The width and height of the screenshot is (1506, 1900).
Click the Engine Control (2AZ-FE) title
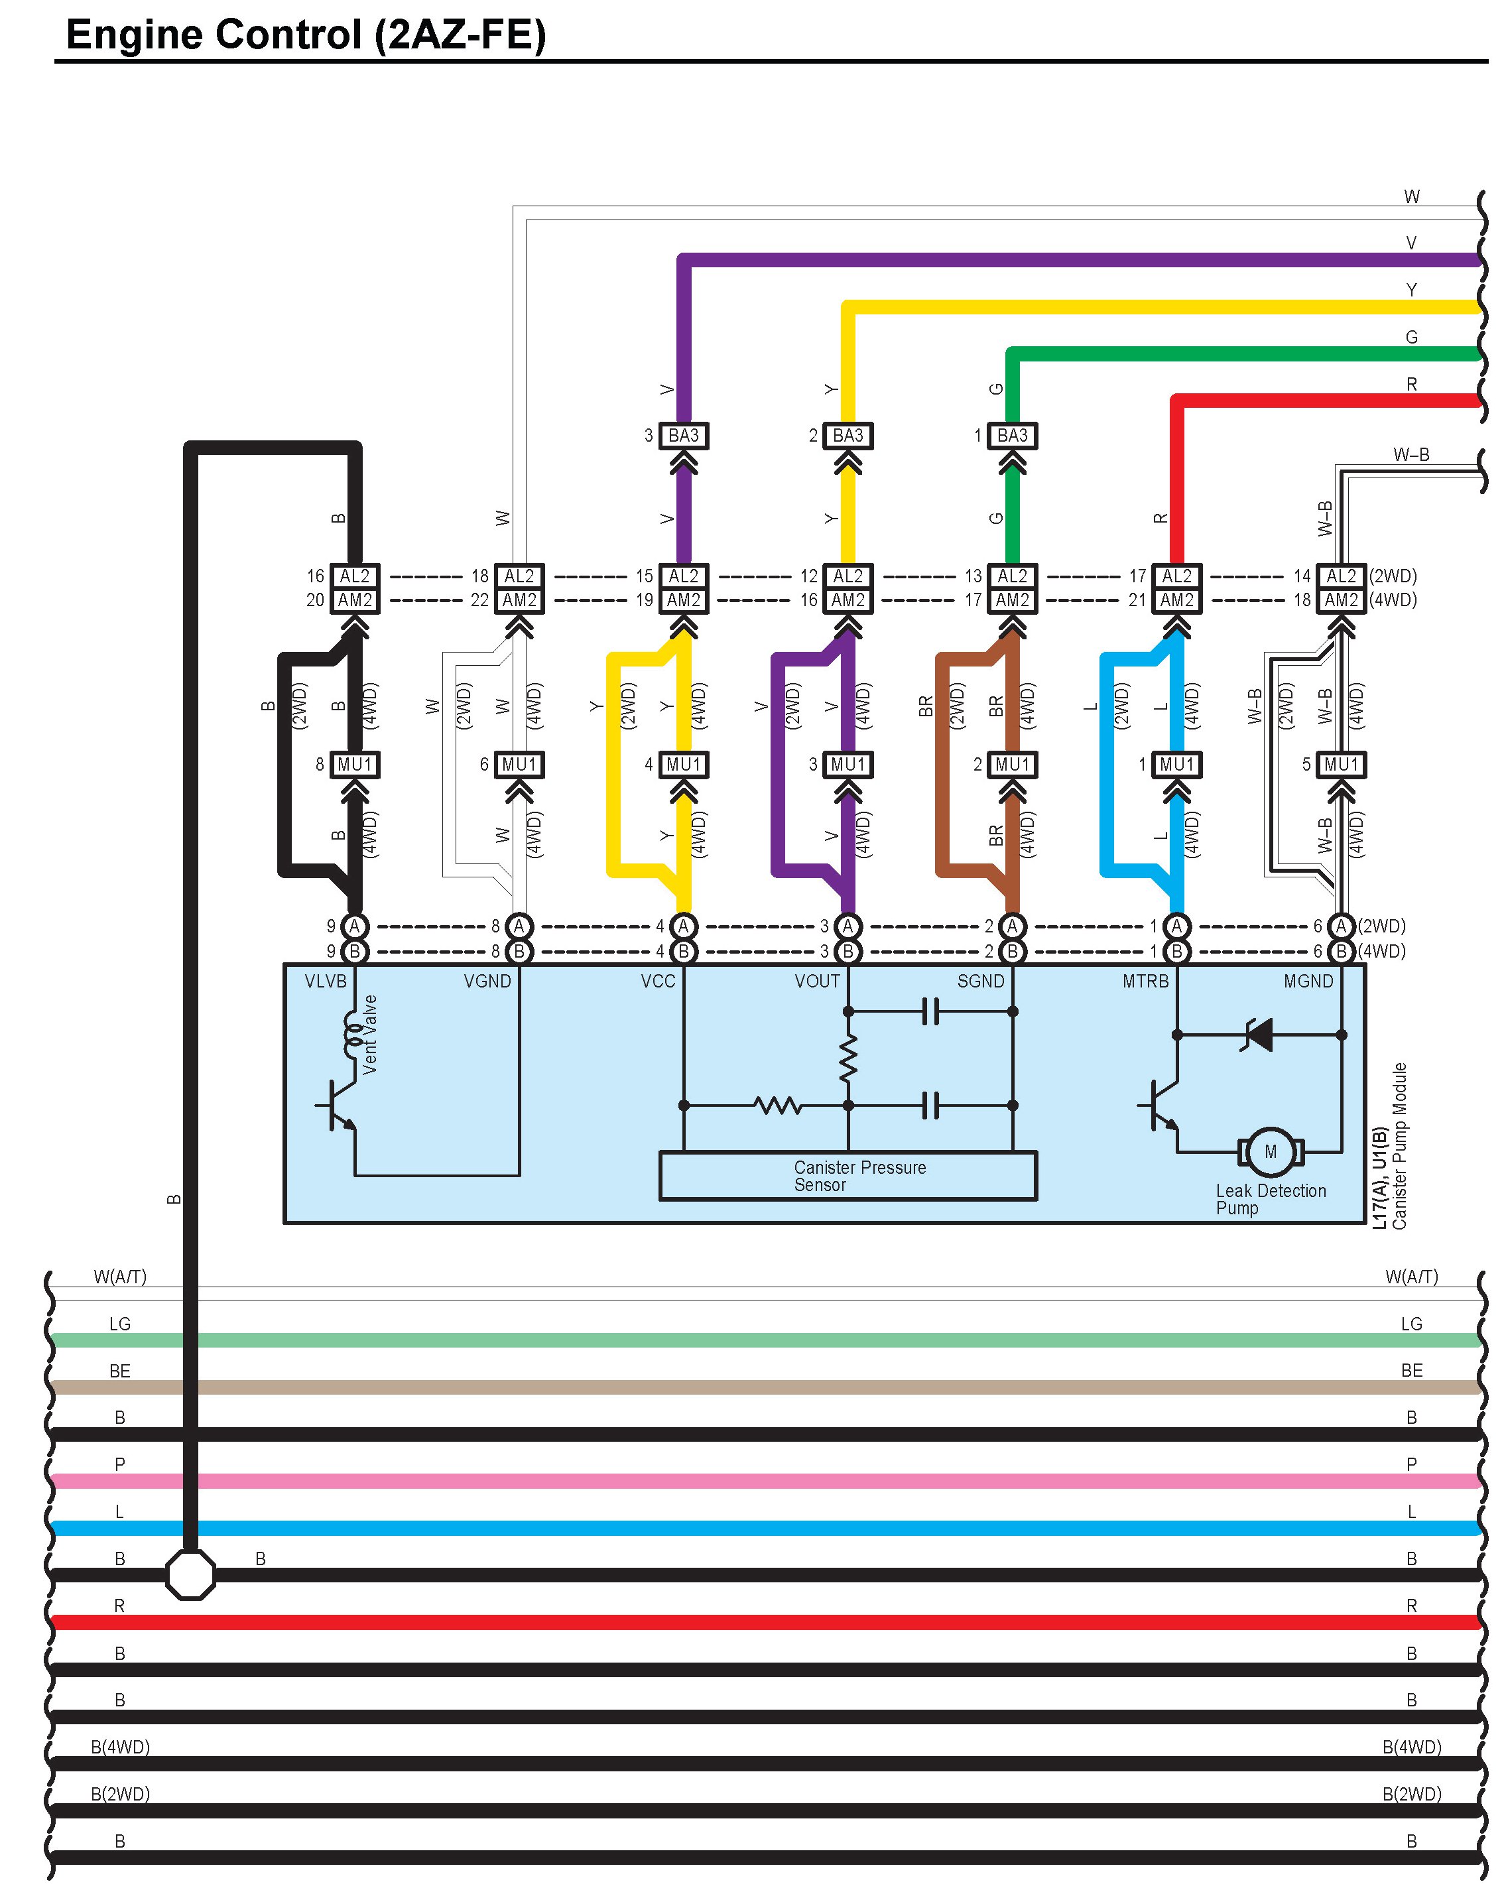coord(306,35)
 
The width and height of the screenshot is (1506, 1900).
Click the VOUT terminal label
coord(817,982)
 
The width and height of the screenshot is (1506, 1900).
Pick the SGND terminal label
coord(981,982)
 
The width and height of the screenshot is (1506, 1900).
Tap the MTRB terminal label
coord(1145,982)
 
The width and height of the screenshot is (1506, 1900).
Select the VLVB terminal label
coord(325,982)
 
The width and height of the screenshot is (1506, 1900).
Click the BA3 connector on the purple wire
coord(683,435)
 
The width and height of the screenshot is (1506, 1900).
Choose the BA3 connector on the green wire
coord(1013,435)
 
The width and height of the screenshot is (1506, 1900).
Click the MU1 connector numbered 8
coord(354,764)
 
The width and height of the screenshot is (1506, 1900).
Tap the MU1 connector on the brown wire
coord(1013,764)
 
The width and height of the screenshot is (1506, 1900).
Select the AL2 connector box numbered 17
coord(1176,576)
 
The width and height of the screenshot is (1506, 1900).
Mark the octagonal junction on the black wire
coord(190,1574)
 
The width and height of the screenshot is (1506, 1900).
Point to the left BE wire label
coord(120,1370)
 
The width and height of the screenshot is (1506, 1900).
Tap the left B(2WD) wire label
coord(120,1793)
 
